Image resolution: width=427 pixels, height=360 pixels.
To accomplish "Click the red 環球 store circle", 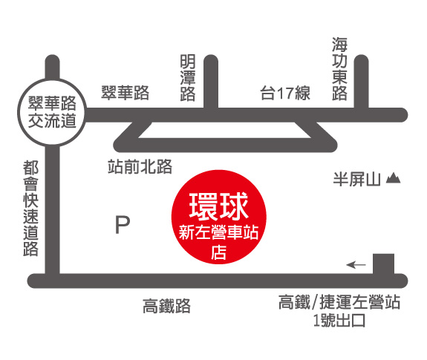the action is point(218,217).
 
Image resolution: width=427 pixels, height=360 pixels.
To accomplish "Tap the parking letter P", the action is point(123,225).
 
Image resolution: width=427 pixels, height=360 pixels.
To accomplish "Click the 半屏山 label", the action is point(356,179).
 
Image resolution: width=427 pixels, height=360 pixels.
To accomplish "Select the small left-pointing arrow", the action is point(356,264).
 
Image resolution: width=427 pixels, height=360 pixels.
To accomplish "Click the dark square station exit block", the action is point(383,264).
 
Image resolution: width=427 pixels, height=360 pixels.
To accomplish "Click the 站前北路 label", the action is point(140,166).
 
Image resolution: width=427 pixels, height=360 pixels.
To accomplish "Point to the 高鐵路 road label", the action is point(166,306).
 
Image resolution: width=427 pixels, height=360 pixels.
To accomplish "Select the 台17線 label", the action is point(285,93).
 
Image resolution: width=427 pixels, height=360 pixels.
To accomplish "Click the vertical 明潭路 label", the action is point(188,78).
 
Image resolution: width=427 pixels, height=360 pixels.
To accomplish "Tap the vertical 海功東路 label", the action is point(339,69).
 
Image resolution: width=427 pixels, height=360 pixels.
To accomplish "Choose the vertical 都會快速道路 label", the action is point(30,208).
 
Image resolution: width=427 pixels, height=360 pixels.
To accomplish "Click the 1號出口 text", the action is point(339,321).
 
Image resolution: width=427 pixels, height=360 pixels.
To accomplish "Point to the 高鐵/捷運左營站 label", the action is point(339,302).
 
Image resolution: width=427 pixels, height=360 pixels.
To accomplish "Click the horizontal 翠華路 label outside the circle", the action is point(126,93).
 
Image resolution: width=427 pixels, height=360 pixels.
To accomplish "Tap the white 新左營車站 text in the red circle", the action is point(218,233).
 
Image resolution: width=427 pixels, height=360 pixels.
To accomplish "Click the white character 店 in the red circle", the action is point(218,252).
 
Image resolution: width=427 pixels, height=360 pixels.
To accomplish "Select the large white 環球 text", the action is point(218,206).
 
